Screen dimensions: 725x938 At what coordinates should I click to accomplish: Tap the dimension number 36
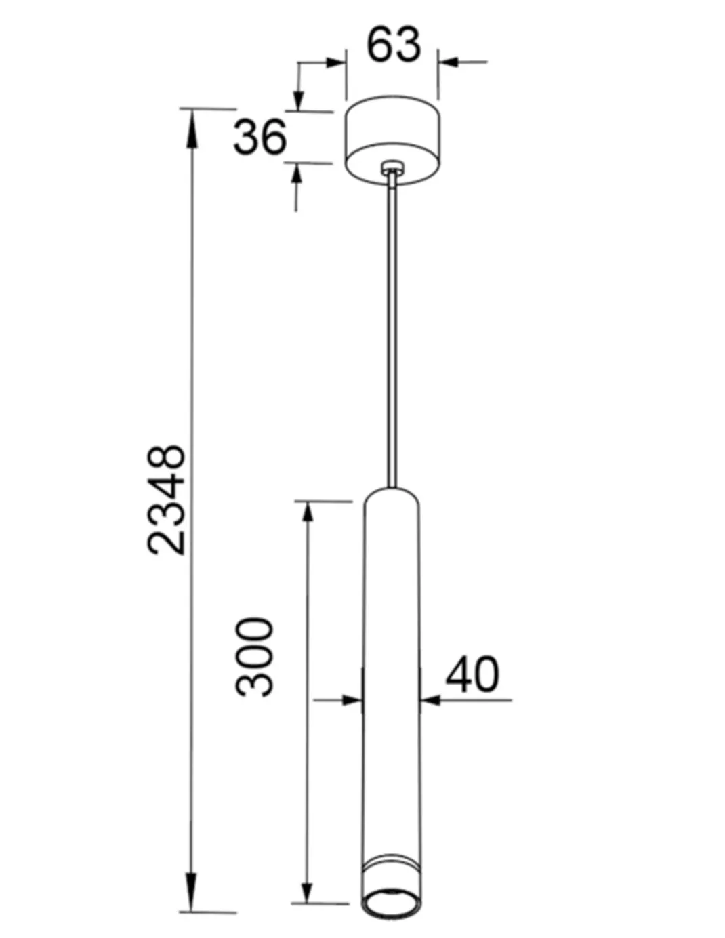(260, 138)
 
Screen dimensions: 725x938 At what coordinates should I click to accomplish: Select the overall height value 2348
(167, 499)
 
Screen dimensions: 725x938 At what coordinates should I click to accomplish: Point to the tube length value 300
(255, 657)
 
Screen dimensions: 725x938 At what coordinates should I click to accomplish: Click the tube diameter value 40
(472, 674)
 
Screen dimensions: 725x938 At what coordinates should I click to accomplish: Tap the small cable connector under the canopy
(392, 167)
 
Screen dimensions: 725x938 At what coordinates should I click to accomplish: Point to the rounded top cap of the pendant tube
(392, 495)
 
